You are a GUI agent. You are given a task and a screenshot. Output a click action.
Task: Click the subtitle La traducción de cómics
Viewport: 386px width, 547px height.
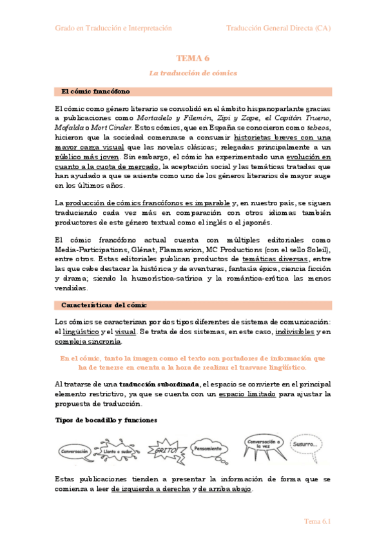point(193,73)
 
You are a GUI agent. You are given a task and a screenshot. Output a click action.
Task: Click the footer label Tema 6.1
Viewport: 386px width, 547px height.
point(318,521)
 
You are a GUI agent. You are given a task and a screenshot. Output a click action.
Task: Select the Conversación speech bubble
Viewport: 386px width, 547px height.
point(75,452)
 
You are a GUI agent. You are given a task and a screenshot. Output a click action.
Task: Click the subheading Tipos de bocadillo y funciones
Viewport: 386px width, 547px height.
point(105,420)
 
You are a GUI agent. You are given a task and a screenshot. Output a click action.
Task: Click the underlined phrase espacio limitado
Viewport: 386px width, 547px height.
point(246,393)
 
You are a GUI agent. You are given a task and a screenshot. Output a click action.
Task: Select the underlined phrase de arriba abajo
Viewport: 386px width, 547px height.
point(225,489)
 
